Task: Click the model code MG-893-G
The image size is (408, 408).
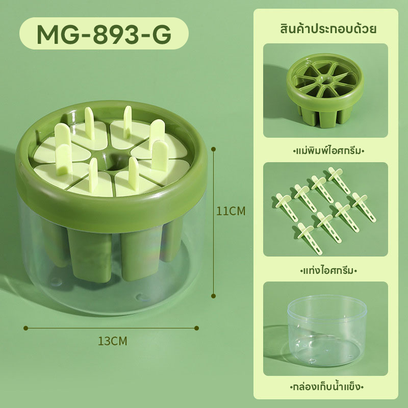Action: coord(104,34)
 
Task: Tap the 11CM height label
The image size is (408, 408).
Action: coord(231,211)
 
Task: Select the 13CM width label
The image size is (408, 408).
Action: coord(112,341)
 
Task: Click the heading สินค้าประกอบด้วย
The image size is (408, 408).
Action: coord(328,29)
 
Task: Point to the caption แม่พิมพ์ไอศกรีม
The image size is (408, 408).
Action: coord(328,150)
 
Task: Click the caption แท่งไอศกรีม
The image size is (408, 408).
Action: coord(328,271)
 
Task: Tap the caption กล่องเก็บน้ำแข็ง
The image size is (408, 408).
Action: coord(326,386)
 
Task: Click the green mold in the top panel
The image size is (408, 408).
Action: coord(325,90)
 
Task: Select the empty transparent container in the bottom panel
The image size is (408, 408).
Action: coord(327,330)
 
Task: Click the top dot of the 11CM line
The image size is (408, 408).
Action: coord(213,149)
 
